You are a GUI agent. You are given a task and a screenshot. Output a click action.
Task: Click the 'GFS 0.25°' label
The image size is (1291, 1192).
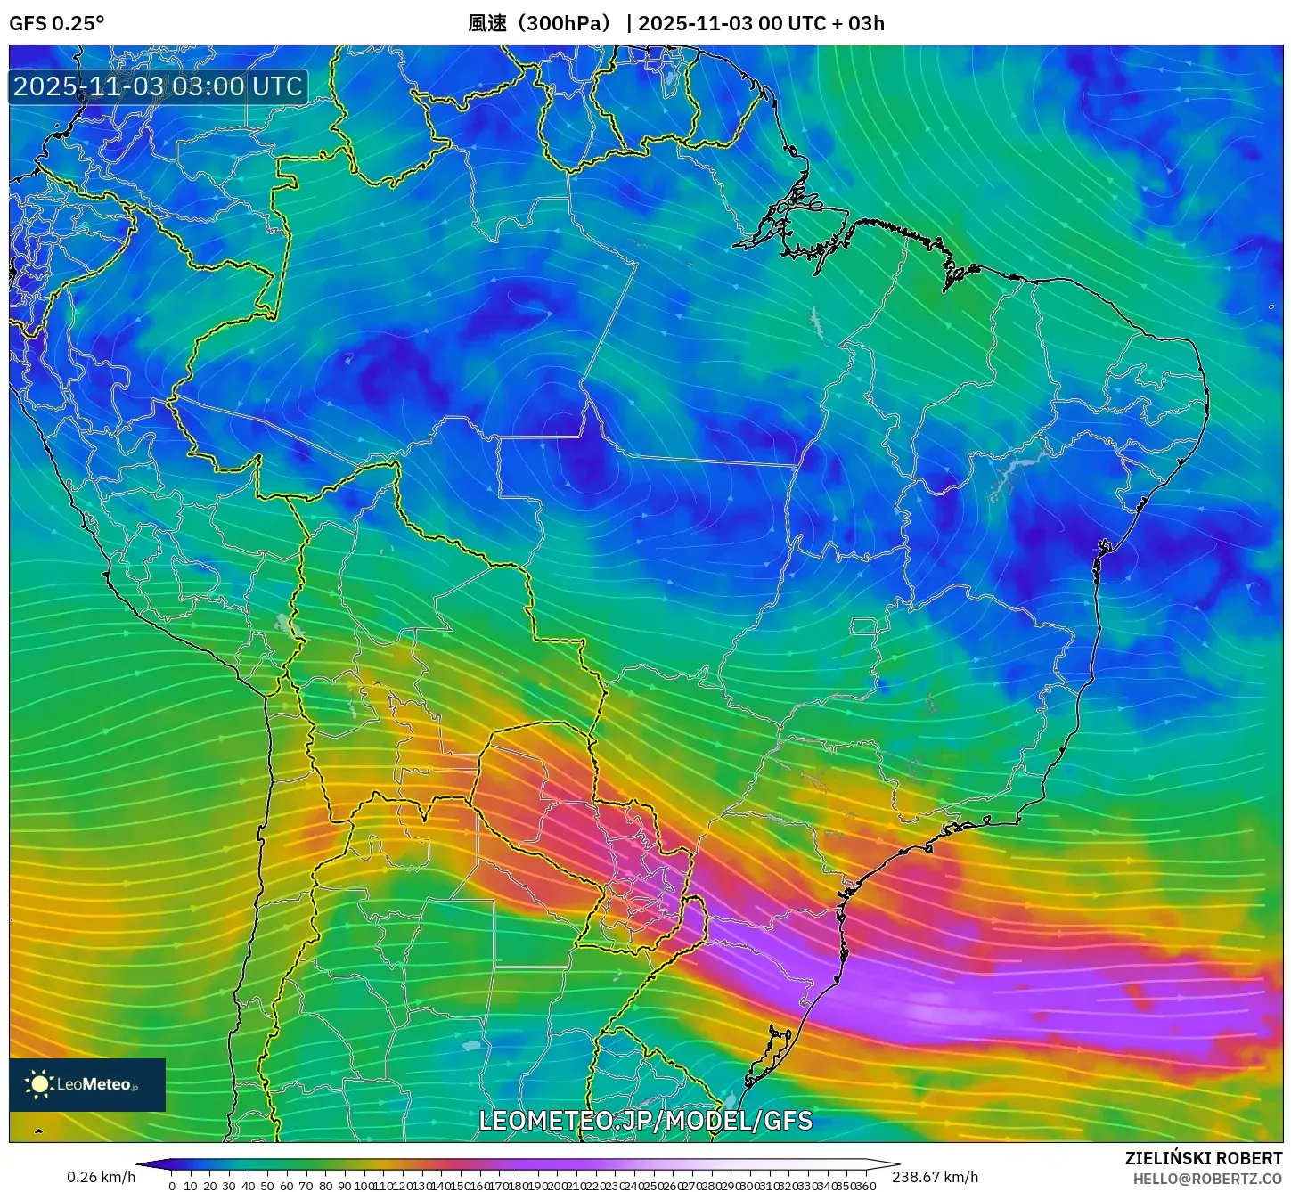pyautogui.click(x=56, y=23)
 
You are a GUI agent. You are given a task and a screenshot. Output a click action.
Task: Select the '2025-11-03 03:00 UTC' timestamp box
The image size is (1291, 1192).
pyautogui.click(x=158, y=86)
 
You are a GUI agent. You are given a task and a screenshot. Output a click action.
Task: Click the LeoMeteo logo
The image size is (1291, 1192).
pyautogui.click(x=87, y=1084)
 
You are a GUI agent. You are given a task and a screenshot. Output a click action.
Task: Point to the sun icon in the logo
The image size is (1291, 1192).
pyautogui.click(x=39, y=1084)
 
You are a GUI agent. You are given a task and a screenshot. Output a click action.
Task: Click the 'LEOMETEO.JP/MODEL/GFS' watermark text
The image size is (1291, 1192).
pyautogui.click(x=645, y=1120)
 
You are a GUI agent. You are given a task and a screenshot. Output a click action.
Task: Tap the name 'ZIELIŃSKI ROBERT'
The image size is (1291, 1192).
pyautogui.click(x=1203, y=1158)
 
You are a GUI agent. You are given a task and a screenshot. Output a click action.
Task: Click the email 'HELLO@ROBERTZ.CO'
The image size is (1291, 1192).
pyautogui.click(x=1207, y=1179)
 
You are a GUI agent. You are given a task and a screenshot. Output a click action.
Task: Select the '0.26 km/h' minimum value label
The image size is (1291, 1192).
pyautogui.click(x=101, y=1177)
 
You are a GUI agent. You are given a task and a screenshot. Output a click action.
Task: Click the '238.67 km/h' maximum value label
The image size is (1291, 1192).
pyautogui.click(x=935, y=1177)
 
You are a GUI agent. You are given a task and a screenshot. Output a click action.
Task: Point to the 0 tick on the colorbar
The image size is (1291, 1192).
pyautogui.click(x=172, y=1186)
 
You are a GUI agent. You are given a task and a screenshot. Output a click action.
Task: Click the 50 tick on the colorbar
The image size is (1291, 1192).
pyautogui.click(x=267, y=1186)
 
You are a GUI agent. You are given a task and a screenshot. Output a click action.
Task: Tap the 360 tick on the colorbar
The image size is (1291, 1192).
pyautogui.click(x=865, y=1186)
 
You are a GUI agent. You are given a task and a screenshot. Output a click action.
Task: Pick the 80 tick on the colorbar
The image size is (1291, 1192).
pyautogui.click(x=325, y=1186)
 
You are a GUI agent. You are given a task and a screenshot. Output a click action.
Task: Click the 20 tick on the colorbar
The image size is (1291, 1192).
pyautogui.click(x=210, y=1186)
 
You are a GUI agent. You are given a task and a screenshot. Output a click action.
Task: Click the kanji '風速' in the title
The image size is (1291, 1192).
pyautogui.click(x=487, y=23)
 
